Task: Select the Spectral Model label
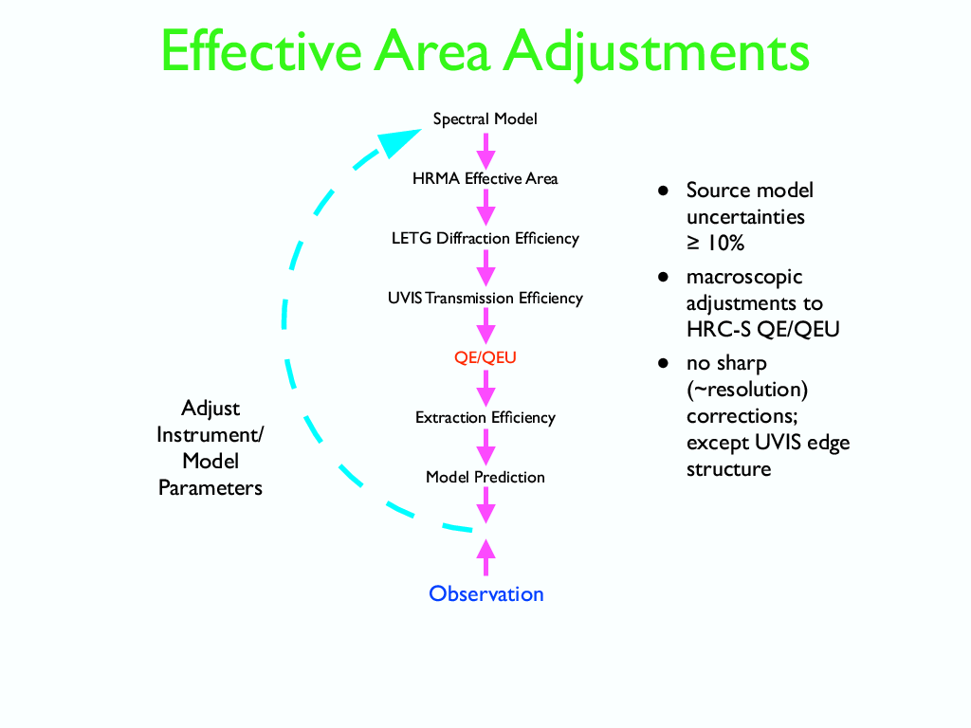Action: [x=485, y=119]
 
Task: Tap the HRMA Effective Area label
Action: [x=485, y=178]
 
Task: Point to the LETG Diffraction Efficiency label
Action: [x=485, y=238]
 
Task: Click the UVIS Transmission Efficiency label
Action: [x=485, y=298]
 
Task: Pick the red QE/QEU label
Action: [x=485, y=358]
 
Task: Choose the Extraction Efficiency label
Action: [x=485, y=417]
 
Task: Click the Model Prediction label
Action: [x=485, y=477]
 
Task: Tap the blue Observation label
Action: [x=485, y=594]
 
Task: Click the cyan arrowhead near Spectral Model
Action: [x=398, y=142]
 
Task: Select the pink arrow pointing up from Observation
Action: [x=485, y=557]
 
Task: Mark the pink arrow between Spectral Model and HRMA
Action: [x=485, y=150]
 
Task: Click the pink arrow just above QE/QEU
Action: [x=485, y=328]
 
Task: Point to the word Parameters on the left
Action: [x=211, y=488]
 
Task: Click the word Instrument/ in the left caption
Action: [x=211, y=435]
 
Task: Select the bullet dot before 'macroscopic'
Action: [x=665, y=278]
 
